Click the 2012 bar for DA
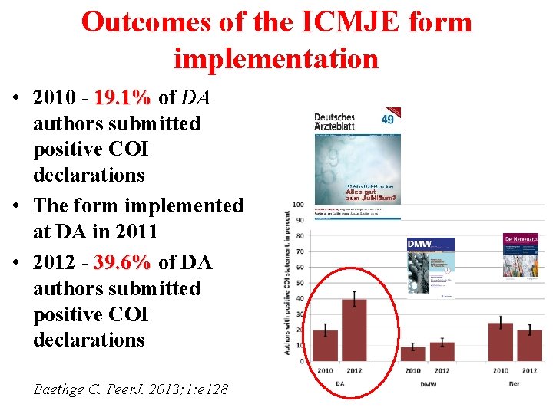tap(353, 330)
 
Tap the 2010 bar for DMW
tap(412, 353)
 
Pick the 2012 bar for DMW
tap(442, 351)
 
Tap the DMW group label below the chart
tap(428, 383)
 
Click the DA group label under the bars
tap(339, 383)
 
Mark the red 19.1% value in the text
tap(122, 98)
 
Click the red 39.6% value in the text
tap(122, 263)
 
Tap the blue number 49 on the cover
tap(388, 119)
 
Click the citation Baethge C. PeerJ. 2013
tap(131, 389)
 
